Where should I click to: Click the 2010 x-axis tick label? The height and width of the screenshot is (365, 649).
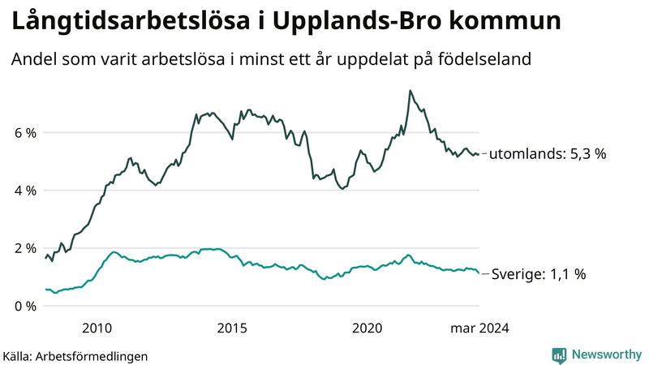point(97,328)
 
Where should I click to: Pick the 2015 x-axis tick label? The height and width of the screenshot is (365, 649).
point(232,328)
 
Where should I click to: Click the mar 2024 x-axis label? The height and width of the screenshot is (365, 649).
point(480,328)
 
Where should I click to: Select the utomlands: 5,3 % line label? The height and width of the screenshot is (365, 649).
point(548,153)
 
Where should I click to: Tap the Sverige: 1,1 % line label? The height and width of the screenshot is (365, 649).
point(539,275)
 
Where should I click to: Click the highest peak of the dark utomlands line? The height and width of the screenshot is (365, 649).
point(410,90)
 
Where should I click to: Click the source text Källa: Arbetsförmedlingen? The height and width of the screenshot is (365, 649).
point(75,356)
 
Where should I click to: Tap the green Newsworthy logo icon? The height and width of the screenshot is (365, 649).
point(559,354)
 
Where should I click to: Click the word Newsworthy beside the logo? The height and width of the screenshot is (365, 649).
point(606,354)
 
